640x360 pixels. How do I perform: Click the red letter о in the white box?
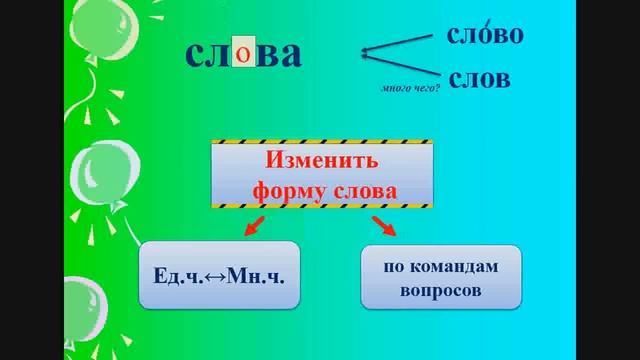[243, 54]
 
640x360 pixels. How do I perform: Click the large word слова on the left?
[243, 55]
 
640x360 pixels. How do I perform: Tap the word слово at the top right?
[485, 35]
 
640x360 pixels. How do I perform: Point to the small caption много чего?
[411, 89]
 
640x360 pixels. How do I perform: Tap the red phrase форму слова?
[322, 189]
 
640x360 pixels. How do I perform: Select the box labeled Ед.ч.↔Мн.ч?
[219, 273]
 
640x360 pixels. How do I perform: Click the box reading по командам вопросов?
[440, 276]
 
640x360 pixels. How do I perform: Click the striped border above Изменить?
[322, 142]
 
